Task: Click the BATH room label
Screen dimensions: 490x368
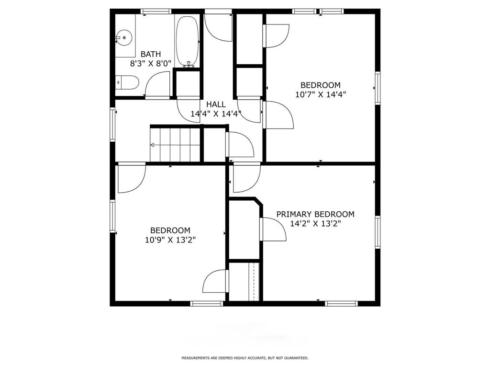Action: pyautogui.click(x=151, y=54)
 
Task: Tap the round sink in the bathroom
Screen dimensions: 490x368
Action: pyautogui.click(x=124, y=37)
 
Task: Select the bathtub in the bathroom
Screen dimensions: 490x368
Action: pyautogui.click(x=187, y=41)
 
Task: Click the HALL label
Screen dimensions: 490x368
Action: pyautogui.click(x=216, y=104)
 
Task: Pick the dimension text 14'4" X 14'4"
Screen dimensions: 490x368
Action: pyautogui.click(x=216, y=114)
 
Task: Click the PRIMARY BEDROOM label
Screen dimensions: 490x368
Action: pyautogui.click(x=315, y=214)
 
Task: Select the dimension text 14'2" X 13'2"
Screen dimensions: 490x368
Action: pyautogui.click(x=315, y=224)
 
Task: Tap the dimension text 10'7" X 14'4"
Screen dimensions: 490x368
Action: pyautogui.click(x=321, y=94)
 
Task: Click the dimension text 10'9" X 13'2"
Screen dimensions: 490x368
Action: pyautogui.click(x=170, y=240)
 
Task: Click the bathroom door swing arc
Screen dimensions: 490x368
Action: pyautogui.click(x=154, y=79)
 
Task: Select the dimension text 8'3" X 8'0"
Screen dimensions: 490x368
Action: pyautogui.click(x=151, y=64)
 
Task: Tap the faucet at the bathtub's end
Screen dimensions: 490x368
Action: pyautogui.click(x=189, y=65)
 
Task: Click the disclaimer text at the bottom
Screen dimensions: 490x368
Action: pyautogui.click(x=245, y=357)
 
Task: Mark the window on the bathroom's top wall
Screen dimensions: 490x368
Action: pyautogui.click(x=156, y=11)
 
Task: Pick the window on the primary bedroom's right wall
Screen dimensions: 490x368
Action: pyautogui.click(x=378, y=232)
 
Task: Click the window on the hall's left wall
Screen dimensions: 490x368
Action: pyautogui.click(x=112, y=124)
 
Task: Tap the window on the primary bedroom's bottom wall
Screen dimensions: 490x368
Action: pyautogui.click(x=341, y=303)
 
